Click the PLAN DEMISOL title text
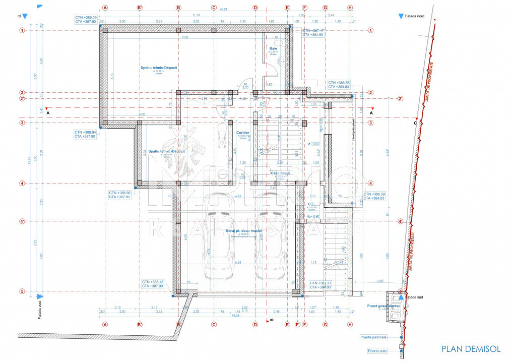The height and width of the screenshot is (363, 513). [471, 349]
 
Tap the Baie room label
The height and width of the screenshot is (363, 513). [274, 48]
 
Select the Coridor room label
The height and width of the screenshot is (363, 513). [243, 133]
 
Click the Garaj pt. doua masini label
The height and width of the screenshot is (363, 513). [244, 230]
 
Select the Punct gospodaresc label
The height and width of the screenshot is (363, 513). [382, 305]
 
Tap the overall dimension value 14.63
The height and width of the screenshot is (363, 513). [223, 9]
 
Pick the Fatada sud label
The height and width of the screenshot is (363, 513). [416, 297]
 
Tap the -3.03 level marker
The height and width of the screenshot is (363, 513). [316, 144]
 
